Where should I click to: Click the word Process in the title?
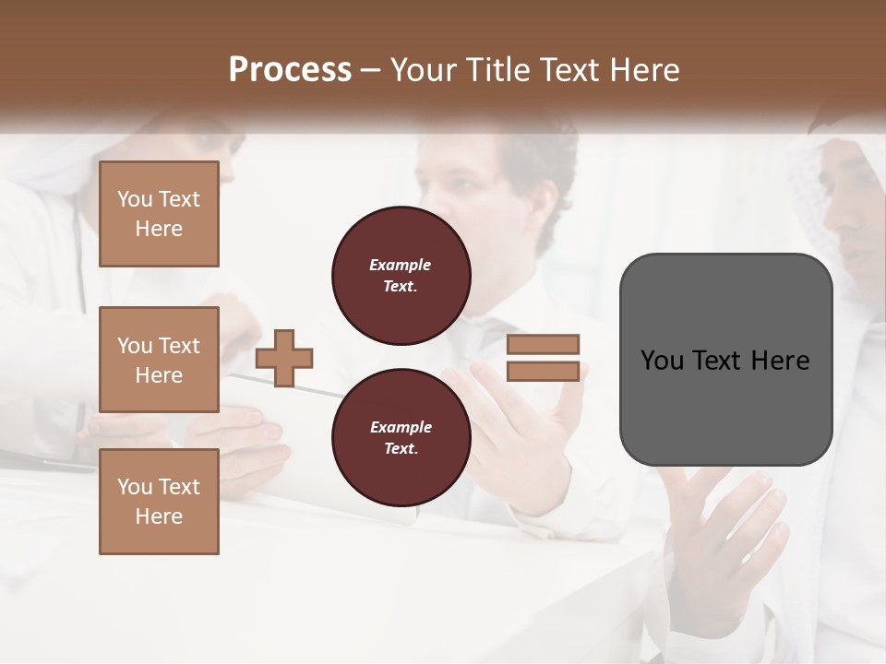click(x=290, y=70)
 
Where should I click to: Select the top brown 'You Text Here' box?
click(x=159, y=214)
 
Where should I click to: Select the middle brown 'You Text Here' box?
click(x=159, y=360)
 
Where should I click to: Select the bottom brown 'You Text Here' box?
click(x=159, y=501)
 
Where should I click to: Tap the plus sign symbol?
click(x=284, y=358)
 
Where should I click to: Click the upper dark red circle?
click(x=401, y=276)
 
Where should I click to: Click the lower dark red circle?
click(x=401, y=437)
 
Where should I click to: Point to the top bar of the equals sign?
click(x=543, y=344)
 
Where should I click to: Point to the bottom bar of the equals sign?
click(x=543, y=371)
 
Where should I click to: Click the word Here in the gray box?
click(x=780, y=361)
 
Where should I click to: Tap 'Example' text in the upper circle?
click(x=401, y=265)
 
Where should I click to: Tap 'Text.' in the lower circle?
click(x=401, y=449)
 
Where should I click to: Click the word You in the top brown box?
click(x=135, y=199)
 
